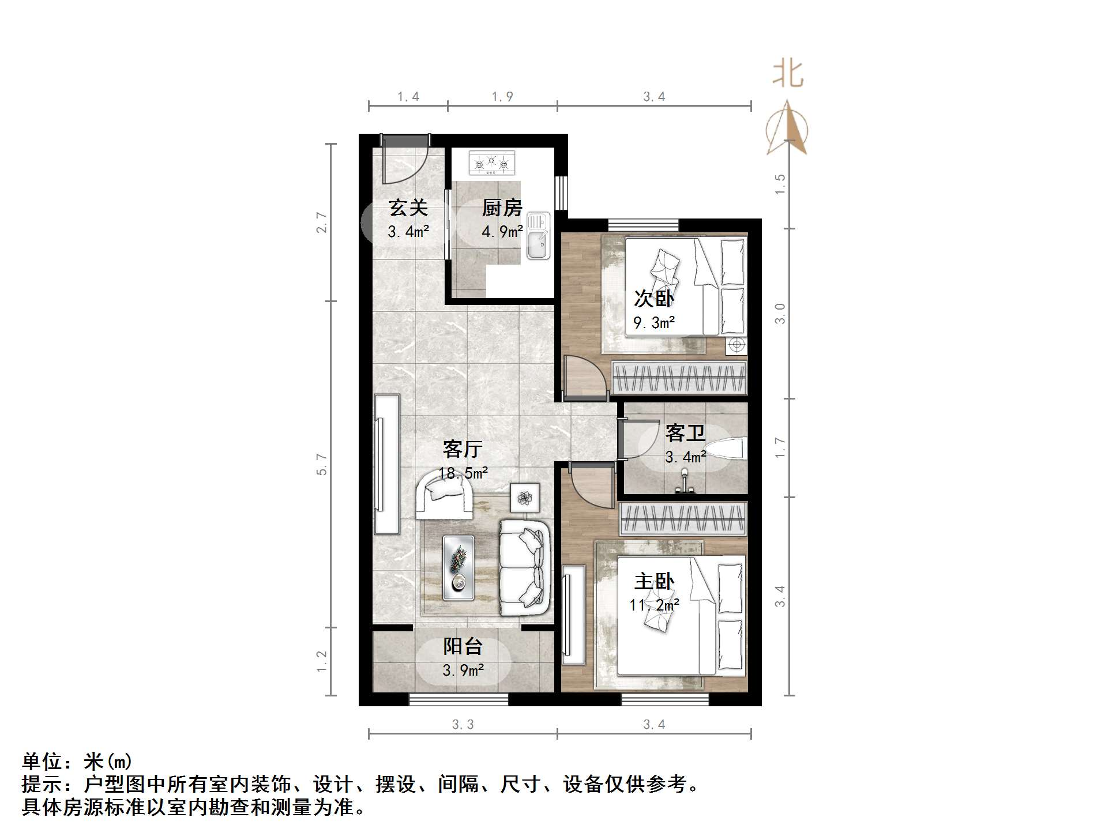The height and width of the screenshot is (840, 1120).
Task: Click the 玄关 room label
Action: tap(408, 208)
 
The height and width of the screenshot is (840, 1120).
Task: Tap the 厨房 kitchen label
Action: tap(502, 208)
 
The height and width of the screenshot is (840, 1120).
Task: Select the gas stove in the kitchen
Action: tap(491, 163)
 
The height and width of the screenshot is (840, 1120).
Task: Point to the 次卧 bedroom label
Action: tap(653, 299)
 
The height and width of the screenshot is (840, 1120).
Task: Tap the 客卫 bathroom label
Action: tap(685, 432)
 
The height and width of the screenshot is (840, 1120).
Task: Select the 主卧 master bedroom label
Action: tap(654, 581)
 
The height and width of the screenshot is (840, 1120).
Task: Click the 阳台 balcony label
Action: tap(463, 646)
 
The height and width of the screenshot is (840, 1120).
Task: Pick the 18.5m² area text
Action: tap(463, 473)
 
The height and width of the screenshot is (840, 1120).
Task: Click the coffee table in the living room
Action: tap(458, 567)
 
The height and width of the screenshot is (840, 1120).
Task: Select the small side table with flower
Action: tap(525, 498)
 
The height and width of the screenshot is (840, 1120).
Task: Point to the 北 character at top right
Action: tap(788, 74)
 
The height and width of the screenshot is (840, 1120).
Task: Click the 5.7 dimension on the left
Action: tap(322, 465)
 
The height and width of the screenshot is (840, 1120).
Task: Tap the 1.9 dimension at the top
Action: tap(502, 97)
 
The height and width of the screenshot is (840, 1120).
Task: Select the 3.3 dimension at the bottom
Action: tap(463, 725)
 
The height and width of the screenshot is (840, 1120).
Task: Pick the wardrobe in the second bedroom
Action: tap(679, 378)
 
